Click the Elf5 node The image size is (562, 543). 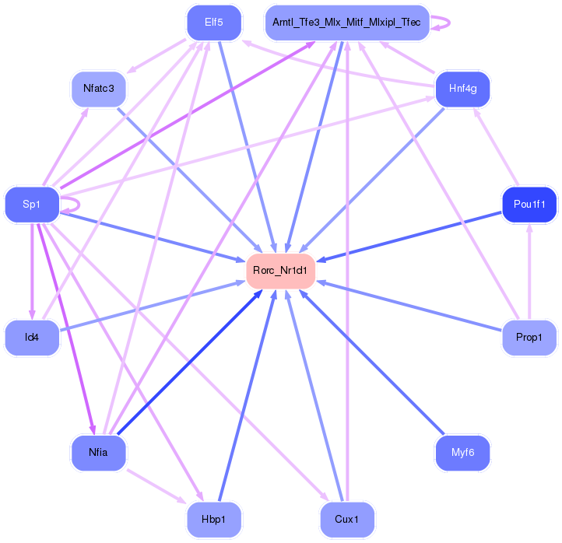pyautogui.click(x=214, y=23)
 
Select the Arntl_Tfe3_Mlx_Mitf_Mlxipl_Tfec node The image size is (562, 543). pyautogui.click(x=347, y=23)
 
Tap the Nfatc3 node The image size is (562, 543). pyautogui.click(x=99, y=89)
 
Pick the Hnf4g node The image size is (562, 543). pyautogui.click(x=462, y=89)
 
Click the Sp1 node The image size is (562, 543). pyautogui.click(x=32, y=205)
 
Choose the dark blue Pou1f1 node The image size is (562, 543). pyautogui.click(x=529, y=205)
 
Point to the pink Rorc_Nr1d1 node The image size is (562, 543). pyautogui.click(x=280, y=271)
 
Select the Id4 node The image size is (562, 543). pyautogui.click(x=32, y=338)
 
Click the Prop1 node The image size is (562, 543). pyautogui.click(x=529, y=338)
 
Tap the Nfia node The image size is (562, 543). pyautogui.click(x=99, y=453)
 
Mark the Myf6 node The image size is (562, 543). pyautogui.click(x=462, y=453)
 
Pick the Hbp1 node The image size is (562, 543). pyautogui.click(x=214, y=520)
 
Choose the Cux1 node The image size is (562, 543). pyautogui.click(x=347, y=520)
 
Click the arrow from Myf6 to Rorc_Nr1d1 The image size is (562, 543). pyautogui.click(x=371, y=362)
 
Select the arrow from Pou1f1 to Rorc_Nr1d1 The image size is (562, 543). pyautogui.click(x=409, y=236)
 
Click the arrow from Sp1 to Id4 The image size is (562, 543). pyautogui.click(x=32, y=271)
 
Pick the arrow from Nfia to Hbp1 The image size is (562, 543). pyautogui.click(x=156, y=486)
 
